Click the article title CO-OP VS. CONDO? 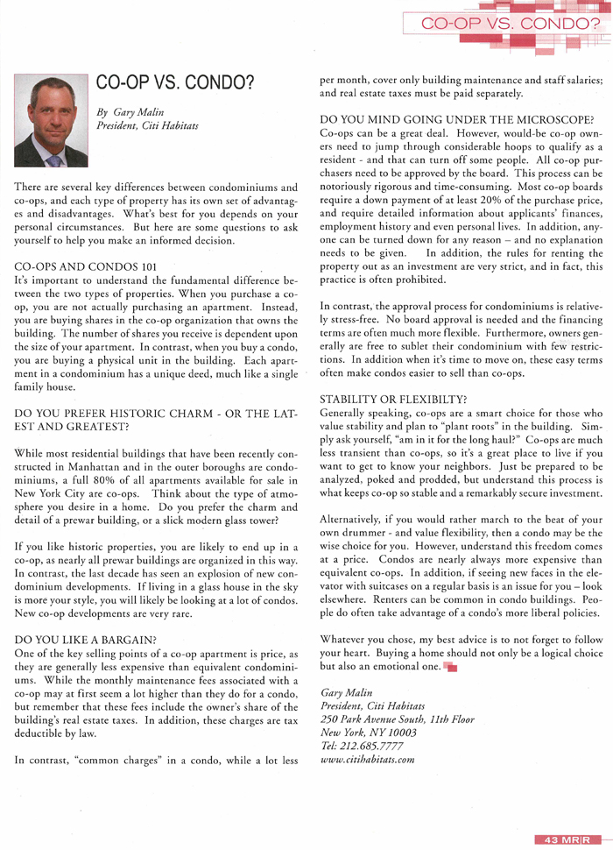point(175,83)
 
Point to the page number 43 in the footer point(552,839)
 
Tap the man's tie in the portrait point(54,159)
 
